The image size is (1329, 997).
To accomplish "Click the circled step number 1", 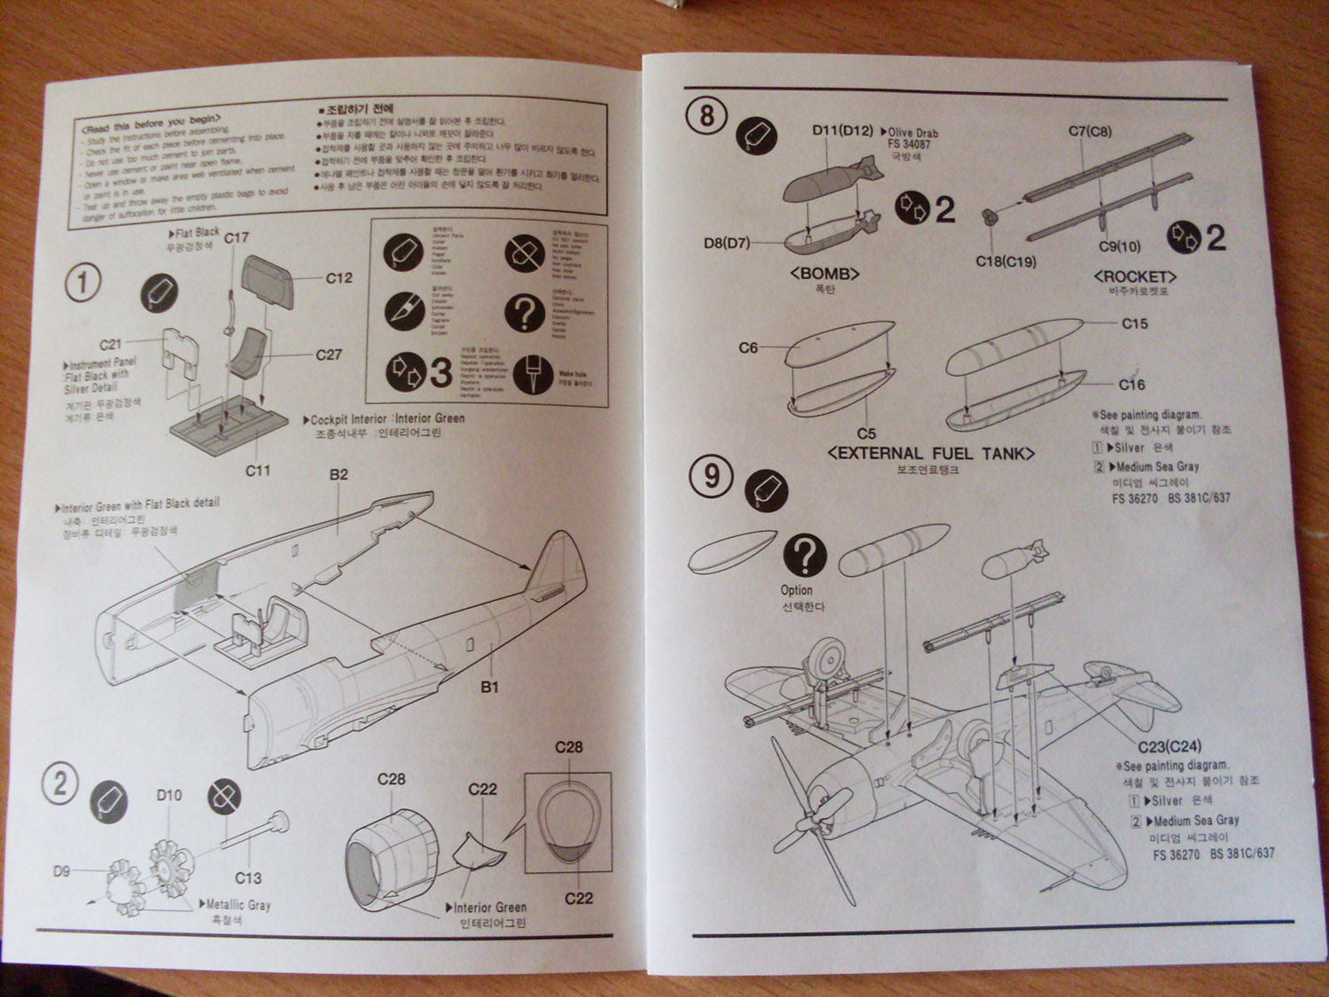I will click(x=83, y=284).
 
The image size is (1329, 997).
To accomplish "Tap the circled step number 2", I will click(x=60, y=784).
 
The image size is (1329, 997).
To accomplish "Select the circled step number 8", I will click(x=707, y=116).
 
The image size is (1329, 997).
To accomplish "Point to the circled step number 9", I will click(x=711, y=477).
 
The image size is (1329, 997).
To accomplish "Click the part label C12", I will click(x=338, y=278).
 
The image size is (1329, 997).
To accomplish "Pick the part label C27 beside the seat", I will click(x=329, y=354).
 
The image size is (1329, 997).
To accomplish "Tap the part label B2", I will click(x=338, y=475).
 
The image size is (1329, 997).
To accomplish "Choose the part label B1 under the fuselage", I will click(x=489, y=687).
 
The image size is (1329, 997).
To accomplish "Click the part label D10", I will click(x=169, y=795).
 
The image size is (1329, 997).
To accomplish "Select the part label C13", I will click(x=248, y=877).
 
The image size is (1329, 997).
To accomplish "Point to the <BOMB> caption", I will click(x=824, y=274).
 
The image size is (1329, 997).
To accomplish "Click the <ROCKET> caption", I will click(x=1135, y=277).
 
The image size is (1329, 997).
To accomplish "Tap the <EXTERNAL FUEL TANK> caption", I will click(x=930, y=454).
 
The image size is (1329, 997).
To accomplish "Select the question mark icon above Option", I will click(x=804, y=556).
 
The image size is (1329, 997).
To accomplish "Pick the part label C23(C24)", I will click(x=1170, y=746).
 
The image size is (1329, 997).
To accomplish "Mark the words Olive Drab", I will click(x=913, y=133).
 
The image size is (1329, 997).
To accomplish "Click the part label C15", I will click(x=1134, y=324).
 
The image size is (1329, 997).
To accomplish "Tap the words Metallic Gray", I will click(x=238, y=905).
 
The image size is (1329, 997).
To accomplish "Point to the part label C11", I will click(x=258, y=471).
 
